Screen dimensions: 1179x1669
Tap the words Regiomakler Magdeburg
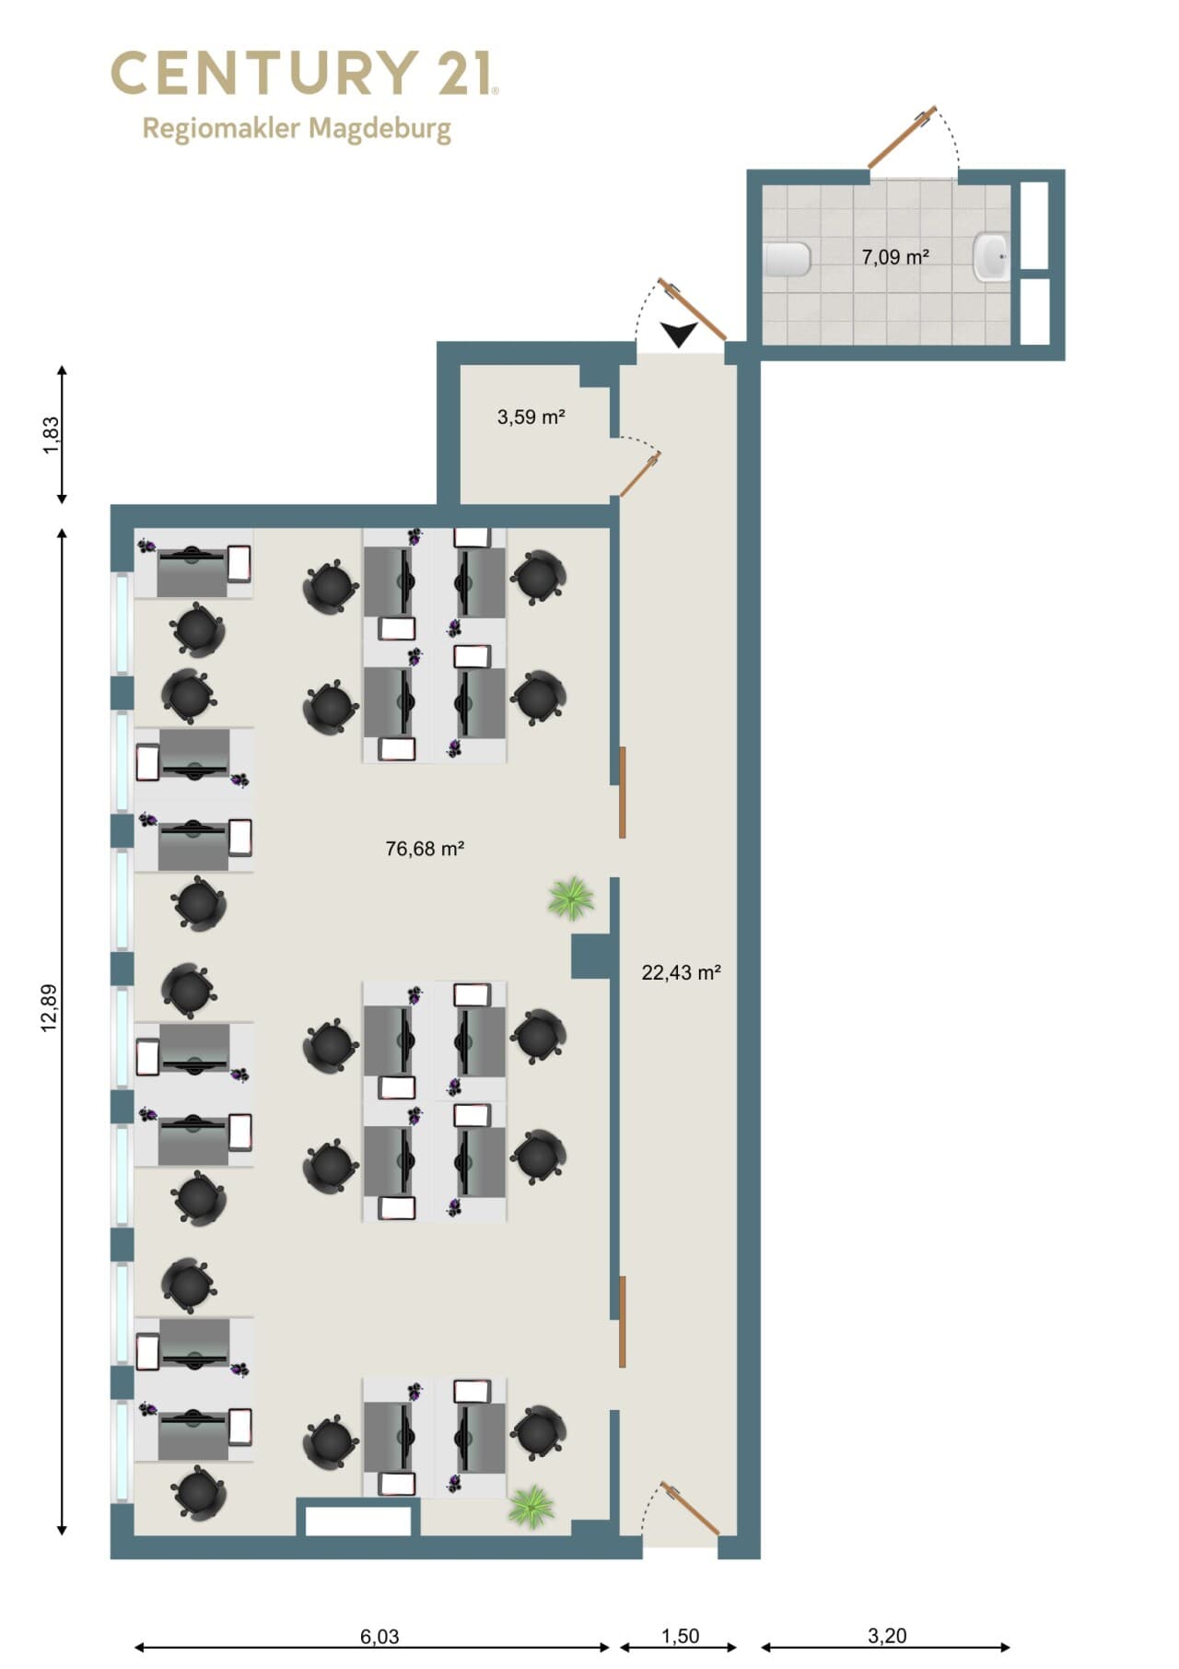[297, 128]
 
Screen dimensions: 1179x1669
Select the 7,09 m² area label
[894, 257]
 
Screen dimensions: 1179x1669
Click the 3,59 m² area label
[531, 417]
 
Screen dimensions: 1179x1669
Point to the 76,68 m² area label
[425, 848]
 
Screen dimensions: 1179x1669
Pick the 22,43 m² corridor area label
[681, 972]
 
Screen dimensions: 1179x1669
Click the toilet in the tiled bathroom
[788, 259]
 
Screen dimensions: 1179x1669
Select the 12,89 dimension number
[50, 1008]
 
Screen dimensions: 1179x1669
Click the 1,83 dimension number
[51, 435]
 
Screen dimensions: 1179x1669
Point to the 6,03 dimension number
[379, 1636]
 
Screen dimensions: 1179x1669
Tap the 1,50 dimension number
[680, 1636]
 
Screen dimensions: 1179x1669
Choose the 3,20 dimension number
[887, 1636]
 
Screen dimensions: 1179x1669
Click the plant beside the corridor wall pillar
[571, 898]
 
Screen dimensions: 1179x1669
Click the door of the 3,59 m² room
[639, 474]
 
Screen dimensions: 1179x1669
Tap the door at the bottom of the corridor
[690, 1509]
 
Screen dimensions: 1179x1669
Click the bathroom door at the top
[903, 137]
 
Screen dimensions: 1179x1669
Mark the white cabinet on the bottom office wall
[358, 1521]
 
